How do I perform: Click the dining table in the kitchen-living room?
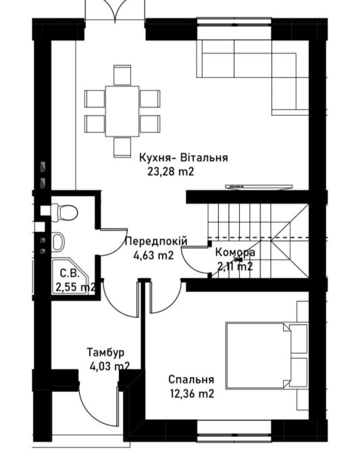pyautogui.click(x=122, y=112)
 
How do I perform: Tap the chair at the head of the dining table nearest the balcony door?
pyautogui.click(x=122, y=75)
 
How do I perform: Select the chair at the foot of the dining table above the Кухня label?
pyautogui.click(x=122, y=147)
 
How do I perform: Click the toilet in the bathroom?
pyautogui.click(x=65, y=212)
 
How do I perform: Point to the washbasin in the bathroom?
pyautogui.click(x=58, y=241)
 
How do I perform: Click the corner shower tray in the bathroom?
pyautogui.click(x=70, y=277)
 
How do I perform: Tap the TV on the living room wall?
pyautogui.click(x=259, y=187)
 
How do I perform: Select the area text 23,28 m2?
pyautogui.click(x=171, y=172)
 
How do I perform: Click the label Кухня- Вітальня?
pyautogui.click(x=184, y=158)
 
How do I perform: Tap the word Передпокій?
pyautogui.click(x=156, y=241)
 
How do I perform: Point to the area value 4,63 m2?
pyautogui.click(x=153, y=255)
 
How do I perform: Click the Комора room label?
pyautogui.click(x=235, y=252)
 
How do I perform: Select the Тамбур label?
pyautogui.click(x=105, y=352)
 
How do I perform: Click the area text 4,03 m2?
pyautogui.click(x=109, y=366)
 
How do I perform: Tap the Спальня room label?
pyautogui.click(x=191, y=379)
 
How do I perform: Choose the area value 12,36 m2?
pyautogui.click(x=192, y=394)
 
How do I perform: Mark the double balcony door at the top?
pyautogui.click(x=115, y=10)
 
